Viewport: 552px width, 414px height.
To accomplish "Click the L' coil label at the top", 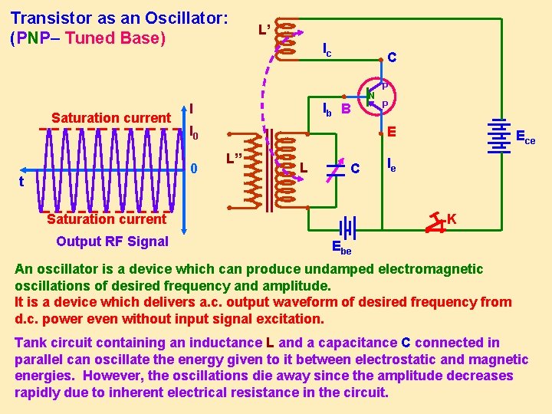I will [263, 31].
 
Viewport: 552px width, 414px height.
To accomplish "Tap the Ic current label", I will [327, 51].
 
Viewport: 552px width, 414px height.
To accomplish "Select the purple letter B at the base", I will [346, 110].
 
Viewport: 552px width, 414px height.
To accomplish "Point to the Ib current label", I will [326, 109].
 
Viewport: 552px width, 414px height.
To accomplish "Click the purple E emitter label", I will [390, 132].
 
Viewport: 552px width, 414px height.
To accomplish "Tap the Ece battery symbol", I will [502, 136].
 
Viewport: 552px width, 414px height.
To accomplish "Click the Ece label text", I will [525, 139].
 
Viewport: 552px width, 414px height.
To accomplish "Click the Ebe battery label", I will [341, 247].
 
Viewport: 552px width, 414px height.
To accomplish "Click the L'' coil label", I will [234, 159].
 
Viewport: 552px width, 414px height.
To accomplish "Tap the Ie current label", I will [391, 163].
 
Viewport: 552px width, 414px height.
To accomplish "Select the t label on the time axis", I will [21, 182].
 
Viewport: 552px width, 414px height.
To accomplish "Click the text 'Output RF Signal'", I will [112, 242].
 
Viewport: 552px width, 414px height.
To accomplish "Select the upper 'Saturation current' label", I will [110, 118].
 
